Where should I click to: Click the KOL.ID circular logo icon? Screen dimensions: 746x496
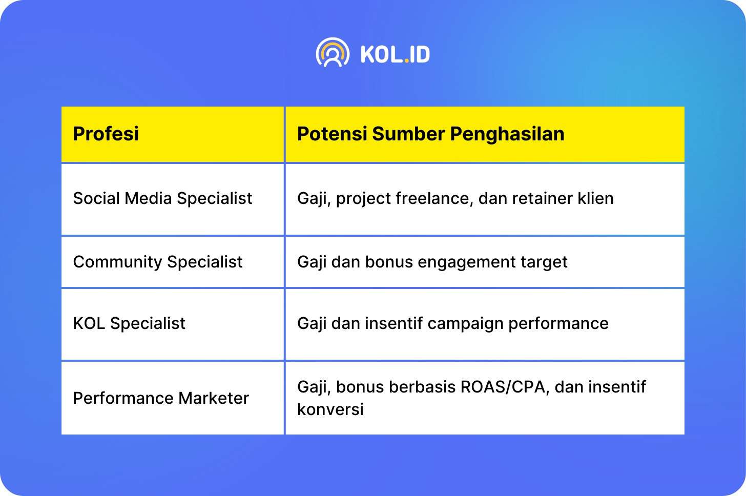coord(333,52)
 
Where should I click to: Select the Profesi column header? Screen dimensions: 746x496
coord(106,134)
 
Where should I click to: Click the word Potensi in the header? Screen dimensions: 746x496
coord(332,134)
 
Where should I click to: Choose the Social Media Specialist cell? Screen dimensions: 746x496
coord(162,198)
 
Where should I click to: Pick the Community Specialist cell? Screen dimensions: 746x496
coord(157,262)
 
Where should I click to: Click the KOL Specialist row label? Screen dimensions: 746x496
coord(129,323)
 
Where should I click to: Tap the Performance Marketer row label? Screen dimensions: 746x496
coord(161,399)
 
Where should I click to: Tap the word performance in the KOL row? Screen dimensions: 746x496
coord(558,324)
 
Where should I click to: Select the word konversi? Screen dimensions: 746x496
coord(330,409)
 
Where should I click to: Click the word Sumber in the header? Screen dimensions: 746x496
coord(408,134)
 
